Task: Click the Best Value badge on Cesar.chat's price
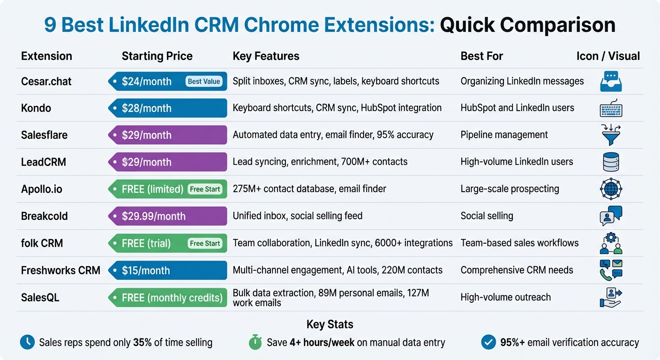(x=204, y=82)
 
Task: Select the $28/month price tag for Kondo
(x=167, y=108)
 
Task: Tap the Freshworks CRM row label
(x=60, y=270)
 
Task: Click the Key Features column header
(x=266, y=56)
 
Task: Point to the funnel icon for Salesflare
(x=611, y=135)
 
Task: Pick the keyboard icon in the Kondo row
(x=611, y=109)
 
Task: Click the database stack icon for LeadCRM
(x=611, y=162)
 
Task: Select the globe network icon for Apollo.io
(x=611, y=189)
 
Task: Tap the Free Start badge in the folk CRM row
(x=205, y=244)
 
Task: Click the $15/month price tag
(x=167, y=270)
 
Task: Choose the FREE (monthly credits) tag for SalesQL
(x=167, y=298)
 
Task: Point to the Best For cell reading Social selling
(x=487, y=216)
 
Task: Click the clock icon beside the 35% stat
(x=27, y=343)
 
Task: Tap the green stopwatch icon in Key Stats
(x=255, y=343)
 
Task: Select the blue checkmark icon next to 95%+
(x=488, y=343)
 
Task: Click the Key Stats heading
(x=330, y=324)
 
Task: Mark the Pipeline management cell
(x=504, y=135)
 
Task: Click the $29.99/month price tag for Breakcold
(x=167, y=217)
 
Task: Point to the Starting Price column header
(x=157, y=56)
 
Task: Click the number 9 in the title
(x=50, y=25)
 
